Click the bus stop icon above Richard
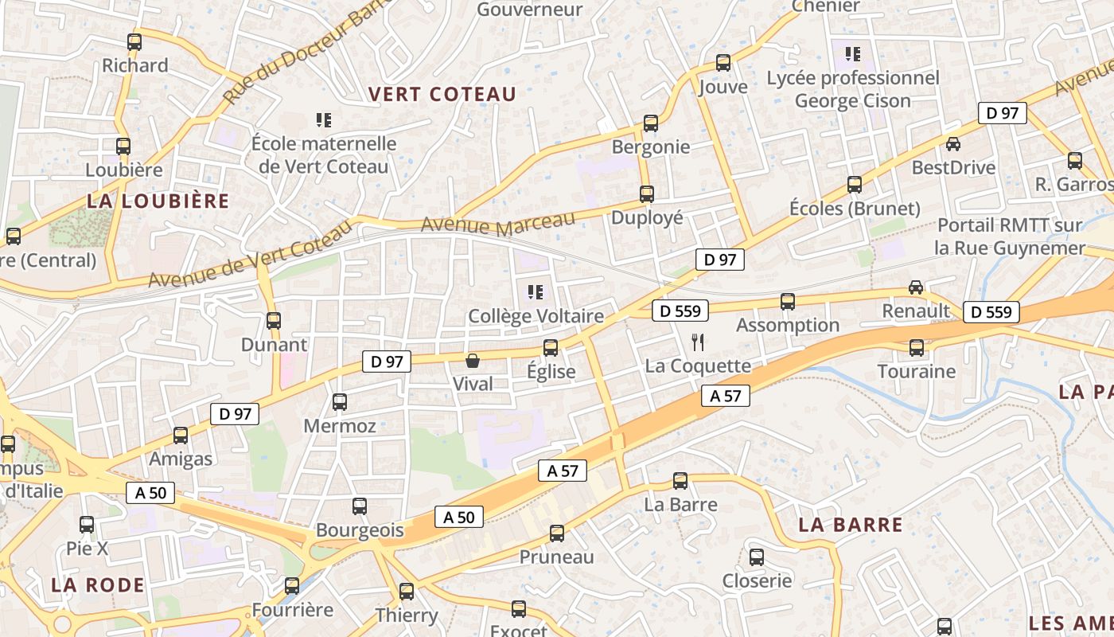coord(134,42)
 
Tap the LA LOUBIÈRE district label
coord(158,201)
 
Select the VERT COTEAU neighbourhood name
coord(442,94)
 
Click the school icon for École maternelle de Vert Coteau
coord(323,120)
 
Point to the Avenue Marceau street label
coord(497,224)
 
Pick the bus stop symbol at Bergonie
coord(651,123)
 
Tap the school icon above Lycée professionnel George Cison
coord(853,54)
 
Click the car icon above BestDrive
coord(953,144)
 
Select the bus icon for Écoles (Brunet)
coord(855,185)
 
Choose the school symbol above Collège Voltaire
coord(536,292)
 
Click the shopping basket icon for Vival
coord(473,361)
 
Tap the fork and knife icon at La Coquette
coord(698,342)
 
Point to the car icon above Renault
coord(916,287)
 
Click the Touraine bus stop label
coord(916,371)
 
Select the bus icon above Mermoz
coord(340,402)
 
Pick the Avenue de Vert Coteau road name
coord(250,255)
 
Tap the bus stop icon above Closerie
coord(757,557)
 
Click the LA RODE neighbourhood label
coord(98,585)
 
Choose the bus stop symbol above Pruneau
coord(557,533)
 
